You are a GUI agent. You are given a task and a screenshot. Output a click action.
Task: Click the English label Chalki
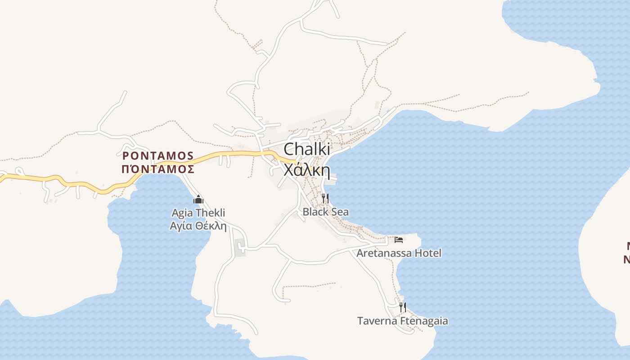(x=306, y=149)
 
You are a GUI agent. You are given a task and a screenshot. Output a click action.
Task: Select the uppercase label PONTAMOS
(x=158, y=156)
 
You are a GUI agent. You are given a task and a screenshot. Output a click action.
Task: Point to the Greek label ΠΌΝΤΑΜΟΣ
(x=158, y=170)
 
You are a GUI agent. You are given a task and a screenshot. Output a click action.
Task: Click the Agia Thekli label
(x=198, y=213)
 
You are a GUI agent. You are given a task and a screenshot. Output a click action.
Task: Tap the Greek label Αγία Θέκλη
(x=198, y=226)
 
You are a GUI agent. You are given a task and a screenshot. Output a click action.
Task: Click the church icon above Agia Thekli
(x=198, y=199)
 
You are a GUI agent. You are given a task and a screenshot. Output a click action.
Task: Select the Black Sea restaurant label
(x=325, y=211)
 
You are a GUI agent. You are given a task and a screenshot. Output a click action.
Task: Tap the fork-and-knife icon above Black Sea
(x=325, y=198)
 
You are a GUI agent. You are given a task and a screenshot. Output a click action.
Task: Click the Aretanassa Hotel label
(x=399, y=253)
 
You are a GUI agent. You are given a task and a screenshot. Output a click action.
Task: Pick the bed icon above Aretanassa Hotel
(x=399, y=239)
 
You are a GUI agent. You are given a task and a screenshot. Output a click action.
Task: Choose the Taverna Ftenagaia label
(x=402, y=321)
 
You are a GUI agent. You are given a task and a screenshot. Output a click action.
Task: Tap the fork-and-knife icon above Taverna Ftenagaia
(x=403, y=307)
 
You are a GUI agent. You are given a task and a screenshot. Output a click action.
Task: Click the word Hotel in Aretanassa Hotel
(x=427, y=253)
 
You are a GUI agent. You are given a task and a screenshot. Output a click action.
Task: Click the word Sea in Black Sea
(x=340, y=211)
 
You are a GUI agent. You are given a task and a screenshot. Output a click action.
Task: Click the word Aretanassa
(x=384, y=253)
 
